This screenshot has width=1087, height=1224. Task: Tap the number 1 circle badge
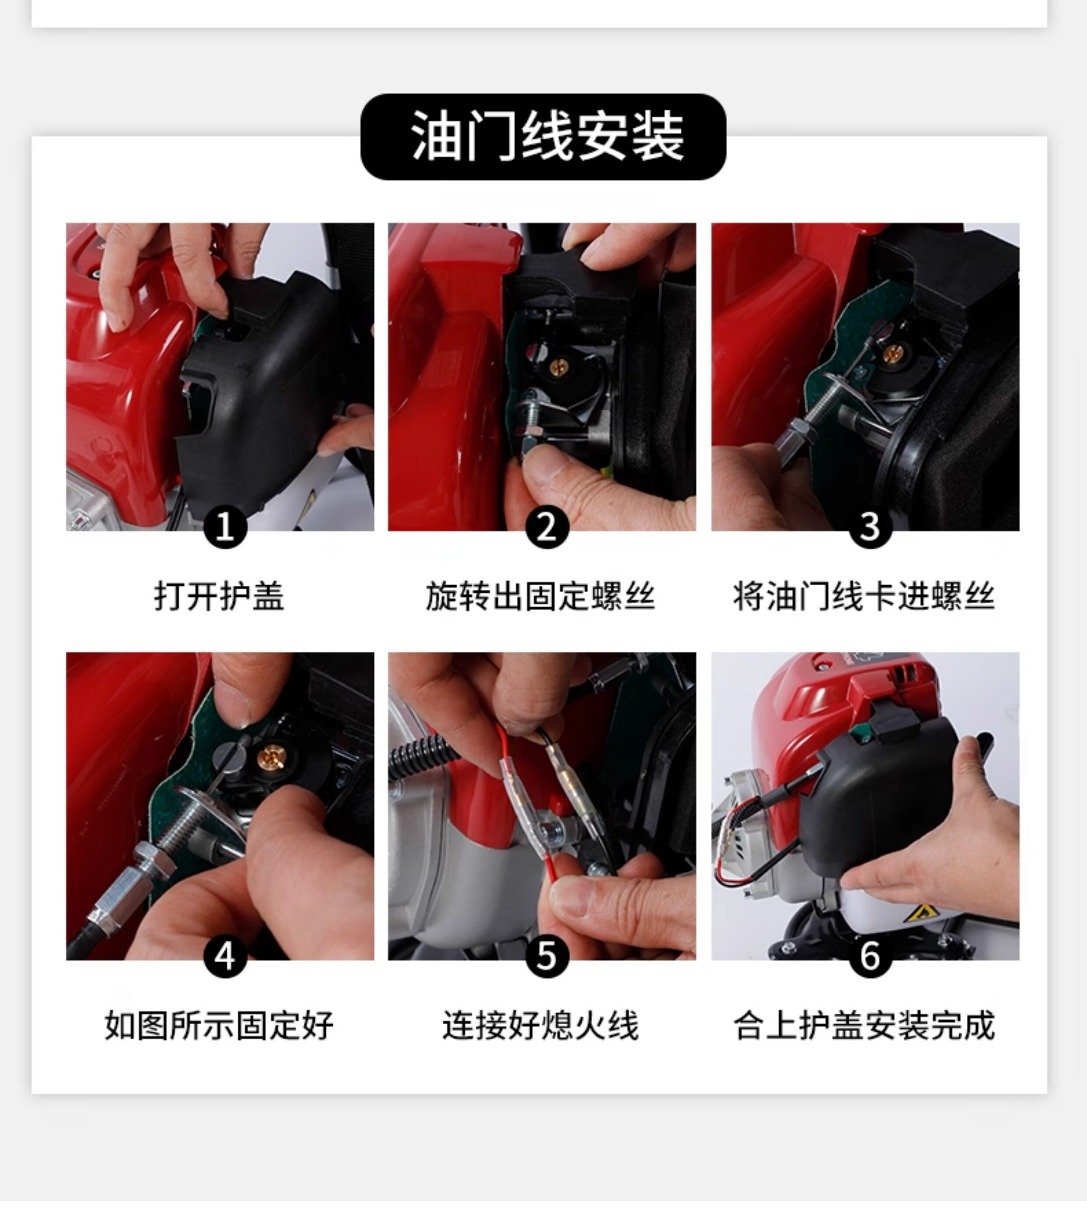point(225,527)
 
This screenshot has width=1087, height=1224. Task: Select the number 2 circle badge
point(547,527)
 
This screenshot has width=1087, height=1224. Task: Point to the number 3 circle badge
point(870,527)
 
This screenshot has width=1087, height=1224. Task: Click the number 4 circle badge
point(225,956)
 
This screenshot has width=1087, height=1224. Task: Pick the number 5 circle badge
point(547,956)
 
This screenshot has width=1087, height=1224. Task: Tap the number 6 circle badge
point(870,956)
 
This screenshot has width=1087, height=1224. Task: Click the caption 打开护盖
point(219,596)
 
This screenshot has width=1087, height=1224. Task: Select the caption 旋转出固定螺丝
point(540,596)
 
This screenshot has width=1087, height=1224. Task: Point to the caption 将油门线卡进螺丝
point(864,596)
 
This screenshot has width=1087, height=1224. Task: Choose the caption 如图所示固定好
point(219,1025)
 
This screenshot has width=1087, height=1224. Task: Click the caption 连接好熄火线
point(540,1025)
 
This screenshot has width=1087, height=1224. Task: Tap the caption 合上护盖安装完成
point(864,1025)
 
